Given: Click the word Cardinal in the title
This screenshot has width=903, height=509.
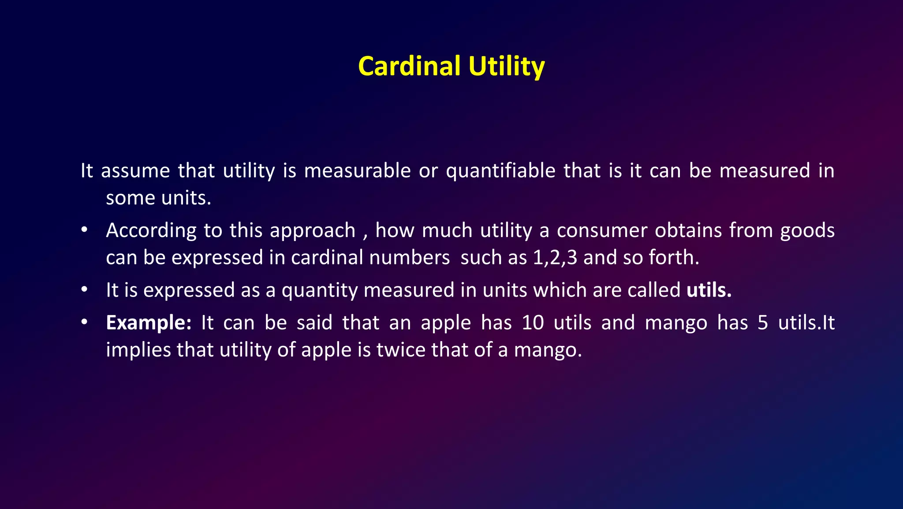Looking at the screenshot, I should coord(409,67).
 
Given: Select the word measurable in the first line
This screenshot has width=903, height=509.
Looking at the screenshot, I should coord(357,171).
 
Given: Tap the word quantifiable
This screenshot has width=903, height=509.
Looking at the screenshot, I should coord(500,171).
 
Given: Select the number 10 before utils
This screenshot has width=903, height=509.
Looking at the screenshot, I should coord(533,323).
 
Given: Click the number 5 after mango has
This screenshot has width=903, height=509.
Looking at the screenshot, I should coord(763,323).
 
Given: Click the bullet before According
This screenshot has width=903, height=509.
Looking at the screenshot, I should coord(84,230).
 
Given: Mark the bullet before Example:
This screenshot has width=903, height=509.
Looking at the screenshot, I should coord(84,323).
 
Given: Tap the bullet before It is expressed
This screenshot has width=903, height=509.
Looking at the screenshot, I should coord(84,290).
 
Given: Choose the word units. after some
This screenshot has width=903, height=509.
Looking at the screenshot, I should coord(186,198).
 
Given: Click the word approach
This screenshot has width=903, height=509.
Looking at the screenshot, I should coord(312,231).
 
